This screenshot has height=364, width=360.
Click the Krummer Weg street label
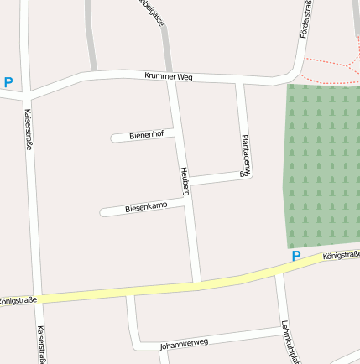(169, 76)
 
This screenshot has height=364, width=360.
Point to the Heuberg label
(185, 181)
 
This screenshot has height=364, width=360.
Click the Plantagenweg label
(245, 156)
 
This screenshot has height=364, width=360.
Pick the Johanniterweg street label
(183, 342)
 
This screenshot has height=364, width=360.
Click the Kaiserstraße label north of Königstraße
(29, 129)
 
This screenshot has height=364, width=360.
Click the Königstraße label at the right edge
(343, 255)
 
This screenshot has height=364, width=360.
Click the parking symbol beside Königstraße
(295, 256)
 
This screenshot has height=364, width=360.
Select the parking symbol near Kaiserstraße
(8, 82)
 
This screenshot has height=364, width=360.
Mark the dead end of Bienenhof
(113, 138)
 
